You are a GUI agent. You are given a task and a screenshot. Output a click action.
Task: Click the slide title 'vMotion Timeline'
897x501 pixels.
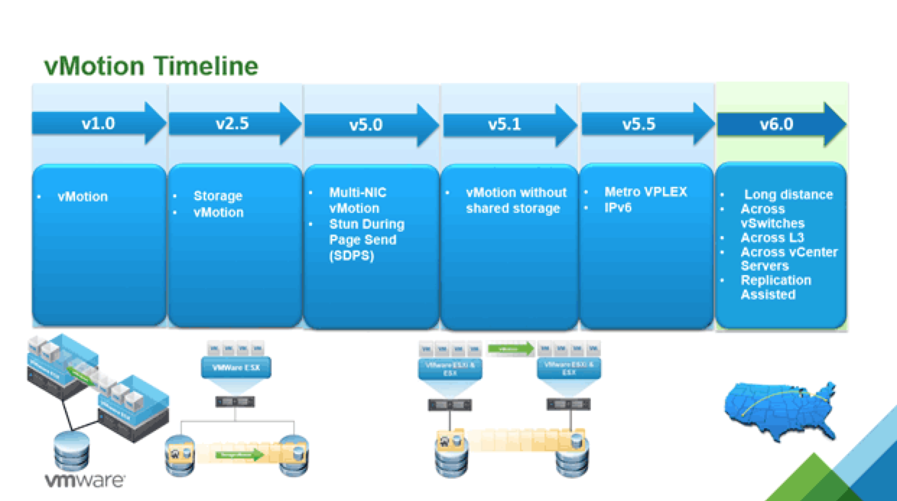tap(151, 66)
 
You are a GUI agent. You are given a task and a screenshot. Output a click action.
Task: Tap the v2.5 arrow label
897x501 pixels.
tap(233, 123)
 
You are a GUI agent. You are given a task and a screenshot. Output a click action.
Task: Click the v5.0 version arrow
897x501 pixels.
tap(366, 125)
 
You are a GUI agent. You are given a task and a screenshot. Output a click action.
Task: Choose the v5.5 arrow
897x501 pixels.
tap(638, 124)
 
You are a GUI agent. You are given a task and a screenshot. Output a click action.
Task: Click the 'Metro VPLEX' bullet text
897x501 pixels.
tap(645, 192)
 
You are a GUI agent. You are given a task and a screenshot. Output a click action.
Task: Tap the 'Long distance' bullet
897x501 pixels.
tap(788, 194)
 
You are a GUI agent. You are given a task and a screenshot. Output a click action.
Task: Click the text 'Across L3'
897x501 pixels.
tap(772, 238)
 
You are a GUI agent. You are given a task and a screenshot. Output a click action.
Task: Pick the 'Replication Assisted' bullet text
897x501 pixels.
tap(775, 287)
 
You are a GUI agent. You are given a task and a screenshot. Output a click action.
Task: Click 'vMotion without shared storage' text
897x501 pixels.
tap(516, 201)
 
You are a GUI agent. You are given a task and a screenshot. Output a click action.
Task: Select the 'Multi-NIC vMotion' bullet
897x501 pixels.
tap(354, 200)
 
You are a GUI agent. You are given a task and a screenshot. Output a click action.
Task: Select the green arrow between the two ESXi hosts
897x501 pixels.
tap(510, 349)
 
